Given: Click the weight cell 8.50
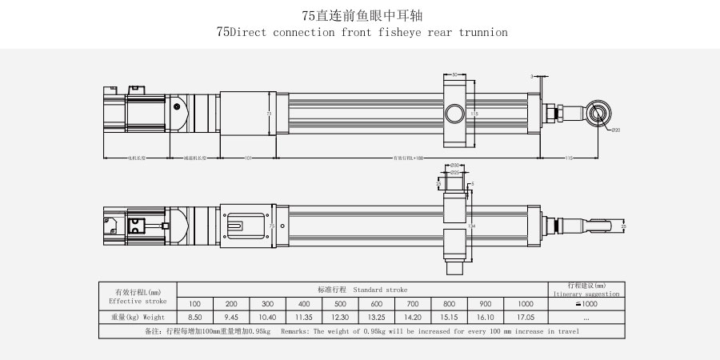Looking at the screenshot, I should (x=195, y=318).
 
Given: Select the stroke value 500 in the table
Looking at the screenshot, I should (x=341, y=304).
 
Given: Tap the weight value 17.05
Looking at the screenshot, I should (x=525, y=318).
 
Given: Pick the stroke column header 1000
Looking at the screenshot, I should (x=525, y=304).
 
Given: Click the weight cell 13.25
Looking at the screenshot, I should (x=377, y=318).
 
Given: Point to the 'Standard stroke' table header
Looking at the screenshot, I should (x=362, y=290).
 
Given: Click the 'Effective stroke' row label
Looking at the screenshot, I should (x=138, y=302).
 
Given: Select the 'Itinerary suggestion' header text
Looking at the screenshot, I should (x=586, y=294).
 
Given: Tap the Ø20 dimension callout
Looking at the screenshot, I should (x=615, y=130).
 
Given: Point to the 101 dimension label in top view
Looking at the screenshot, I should (x=248, y=158).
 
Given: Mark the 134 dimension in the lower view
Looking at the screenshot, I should (x=474, y=226).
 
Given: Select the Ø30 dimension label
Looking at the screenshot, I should (x=454, y=165).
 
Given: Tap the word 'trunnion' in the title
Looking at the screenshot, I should (x=482, y=33).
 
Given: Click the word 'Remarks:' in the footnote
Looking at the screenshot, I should (x=299, y=331).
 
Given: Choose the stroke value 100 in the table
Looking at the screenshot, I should (x=195, y=304).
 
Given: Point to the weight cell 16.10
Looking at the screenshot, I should (x=486, y=318).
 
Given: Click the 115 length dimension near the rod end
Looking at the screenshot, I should (x=568, y=158).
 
